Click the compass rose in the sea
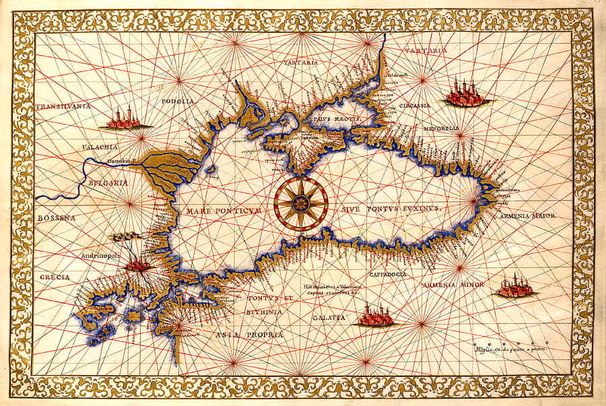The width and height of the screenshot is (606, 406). (300, 203)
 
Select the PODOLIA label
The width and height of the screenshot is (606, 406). (178, 102)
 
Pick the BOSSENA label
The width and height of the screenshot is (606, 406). (55, 218)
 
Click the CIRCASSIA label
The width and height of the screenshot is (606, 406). (409, 106)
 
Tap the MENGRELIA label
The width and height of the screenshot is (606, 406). (440, 128)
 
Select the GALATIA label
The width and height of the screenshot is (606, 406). (329, 316)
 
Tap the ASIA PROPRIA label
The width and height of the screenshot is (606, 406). (248, 334)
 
